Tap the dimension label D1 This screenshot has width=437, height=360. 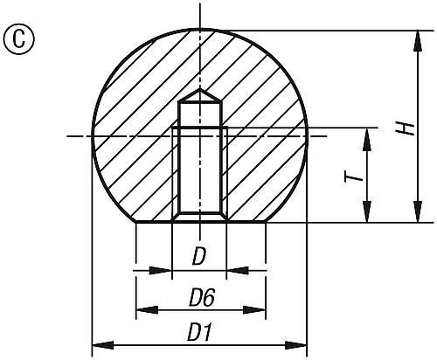click(x=201, y=332)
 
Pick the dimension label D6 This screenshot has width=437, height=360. click(x=201, y=297)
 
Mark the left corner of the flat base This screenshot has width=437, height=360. click(x=136, y=222)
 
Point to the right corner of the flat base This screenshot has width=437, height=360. click(x=265, y=222)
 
